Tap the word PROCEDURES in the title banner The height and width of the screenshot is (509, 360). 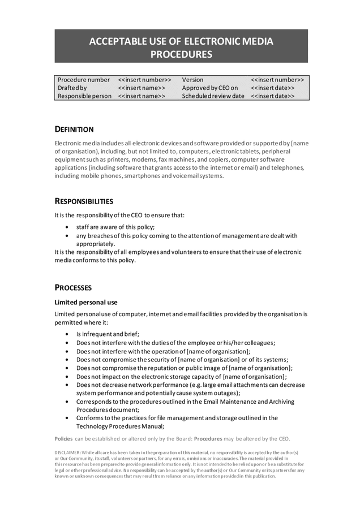pyautogui.click(x=181, y=55)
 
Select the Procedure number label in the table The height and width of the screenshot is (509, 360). pyautogui.click(x=84, y=80)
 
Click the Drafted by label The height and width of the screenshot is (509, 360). pyautogui.click(x=72, y=88)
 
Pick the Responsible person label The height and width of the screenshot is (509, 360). pyautogui.click(x=85, y=97)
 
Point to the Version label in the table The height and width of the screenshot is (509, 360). pyautogui.click(x=192, y=80)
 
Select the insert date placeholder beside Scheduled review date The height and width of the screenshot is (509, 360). pyautogui.click(x=273, y=97)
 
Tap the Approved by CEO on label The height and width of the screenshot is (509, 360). pyautogui.click(x=210, y=88)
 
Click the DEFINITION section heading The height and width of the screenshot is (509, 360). pyautogui.click(x=74, y=130)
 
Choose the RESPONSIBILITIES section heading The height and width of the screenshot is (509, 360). pyautogui.click(x=84, y=201)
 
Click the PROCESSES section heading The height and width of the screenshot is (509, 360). pyautogui.click(x=73, y=288)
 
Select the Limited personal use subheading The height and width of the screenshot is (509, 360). pyautogui.click(x=86, y=302)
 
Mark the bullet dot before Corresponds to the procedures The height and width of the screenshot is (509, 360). pyautogui.click(x=68, y=402)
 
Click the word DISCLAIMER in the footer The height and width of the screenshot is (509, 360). pyautogui.click(x=67, y=453)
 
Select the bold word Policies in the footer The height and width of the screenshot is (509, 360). pyautogui.click(x=63, y=439)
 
